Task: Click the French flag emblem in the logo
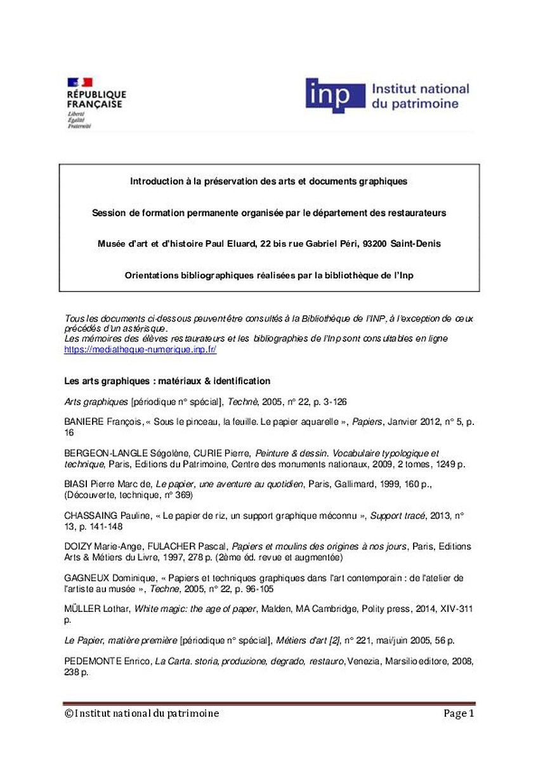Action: [80, 82]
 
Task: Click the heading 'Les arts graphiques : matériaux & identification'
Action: [167, 381]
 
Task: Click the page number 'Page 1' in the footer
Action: [459, 713]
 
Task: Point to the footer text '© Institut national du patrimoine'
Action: [141, 713]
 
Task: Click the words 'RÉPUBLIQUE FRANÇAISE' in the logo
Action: [95, 99]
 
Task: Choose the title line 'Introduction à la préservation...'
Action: [268, 181]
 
